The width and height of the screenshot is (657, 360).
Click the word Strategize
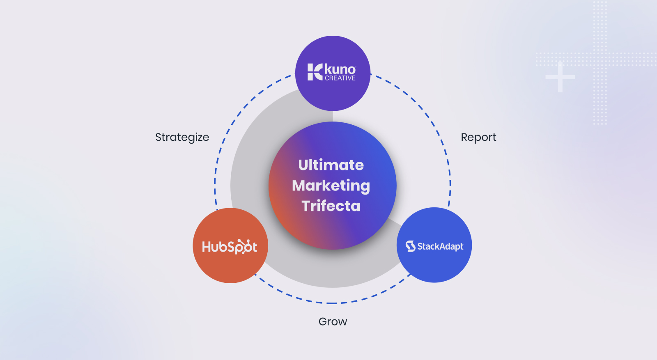pos(182,138)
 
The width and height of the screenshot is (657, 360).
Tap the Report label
pos(478,137)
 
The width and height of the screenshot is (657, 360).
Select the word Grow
pos(333,321)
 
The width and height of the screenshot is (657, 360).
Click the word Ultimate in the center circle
pos(331,165)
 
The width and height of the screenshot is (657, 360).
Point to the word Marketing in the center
pos(331,186)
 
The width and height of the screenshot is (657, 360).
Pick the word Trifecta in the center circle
pos(331,206)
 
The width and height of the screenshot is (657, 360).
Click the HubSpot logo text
pos(230,247)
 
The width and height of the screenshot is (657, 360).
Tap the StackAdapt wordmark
pos(440,246)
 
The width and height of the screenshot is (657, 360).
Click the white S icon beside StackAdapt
pos(410,246)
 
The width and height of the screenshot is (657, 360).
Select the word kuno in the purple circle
pos(340,69)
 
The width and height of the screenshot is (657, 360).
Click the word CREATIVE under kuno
pos(340,78)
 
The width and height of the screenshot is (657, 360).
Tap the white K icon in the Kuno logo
pos(315,72)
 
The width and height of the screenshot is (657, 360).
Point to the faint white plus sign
pos(560,77)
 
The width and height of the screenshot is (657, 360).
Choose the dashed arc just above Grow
pos(333,303)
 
